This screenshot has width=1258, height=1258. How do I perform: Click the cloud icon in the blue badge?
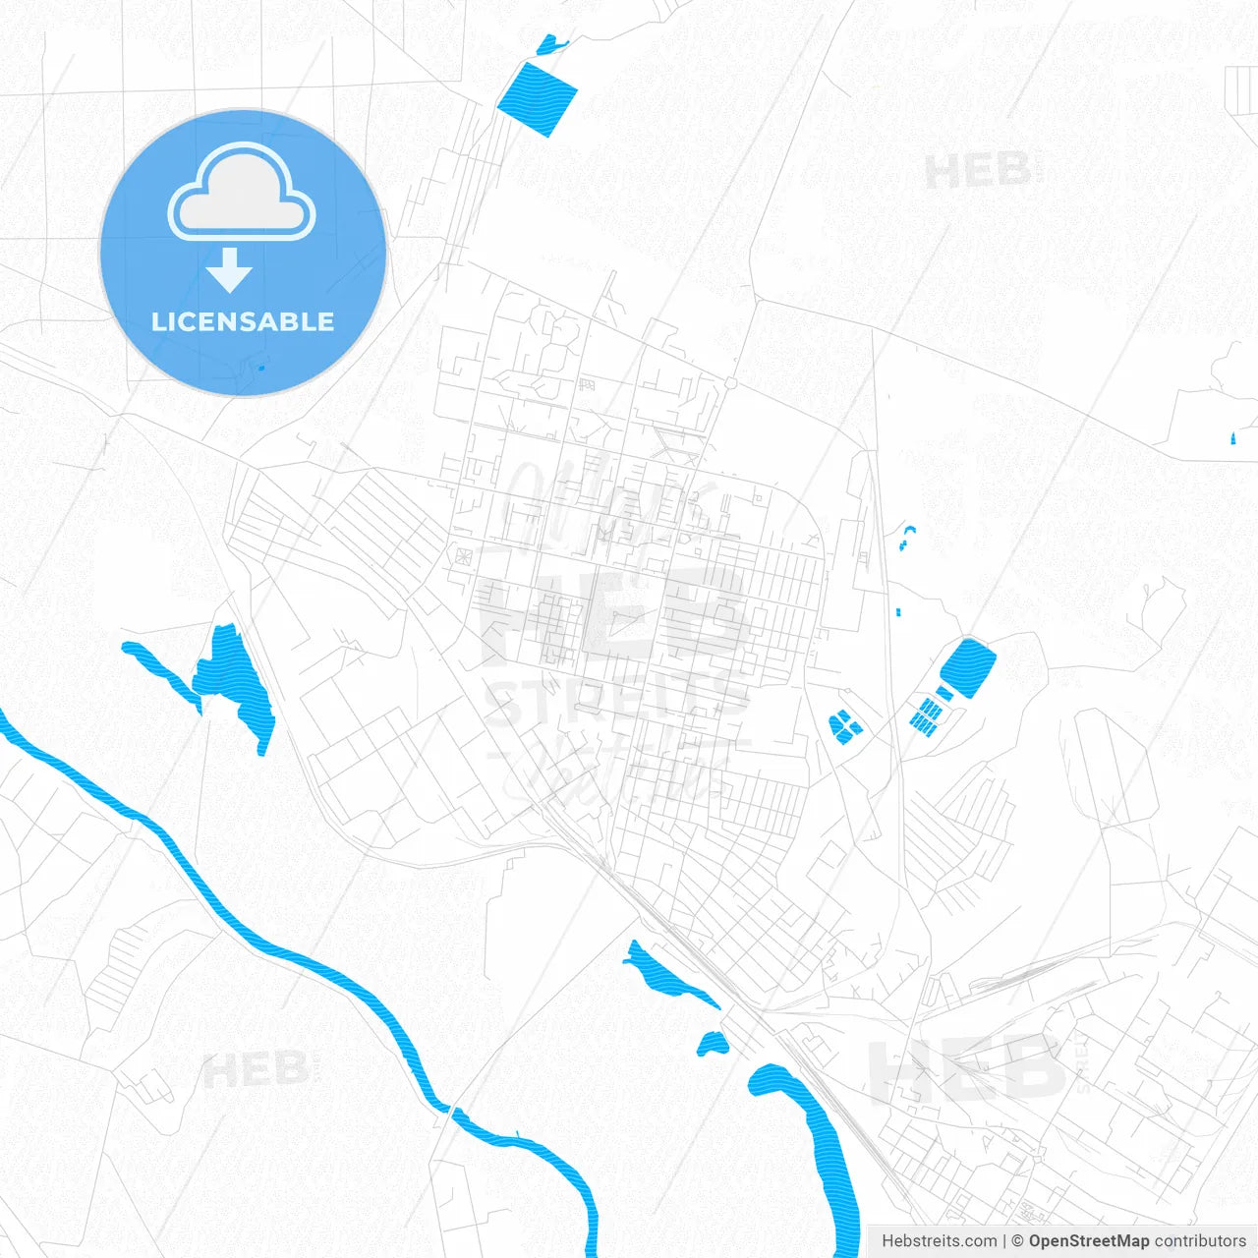coord(242,193)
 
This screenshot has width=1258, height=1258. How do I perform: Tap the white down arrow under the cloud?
coord(229,269)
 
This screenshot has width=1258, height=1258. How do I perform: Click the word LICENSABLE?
coord(243,321)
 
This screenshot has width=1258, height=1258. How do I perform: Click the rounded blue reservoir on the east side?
coord(968,668)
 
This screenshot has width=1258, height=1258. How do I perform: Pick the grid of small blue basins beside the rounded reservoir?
coord(925,715)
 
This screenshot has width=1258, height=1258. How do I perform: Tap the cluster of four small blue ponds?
coord(844,726)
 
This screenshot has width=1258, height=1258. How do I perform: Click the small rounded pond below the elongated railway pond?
coord(713,1044)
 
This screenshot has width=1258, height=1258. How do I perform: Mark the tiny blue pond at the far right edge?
coord(1231,437)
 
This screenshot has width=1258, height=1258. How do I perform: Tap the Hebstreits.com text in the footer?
coord(939,1241)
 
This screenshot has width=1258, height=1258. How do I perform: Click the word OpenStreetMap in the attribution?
coord(1088,1241)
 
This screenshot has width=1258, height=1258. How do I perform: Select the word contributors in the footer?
coord(1200,1241)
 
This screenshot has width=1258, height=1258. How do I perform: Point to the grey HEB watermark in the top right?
coord(978,172)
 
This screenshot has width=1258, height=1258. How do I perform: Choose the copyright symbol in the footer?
coord(1017,1241)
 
